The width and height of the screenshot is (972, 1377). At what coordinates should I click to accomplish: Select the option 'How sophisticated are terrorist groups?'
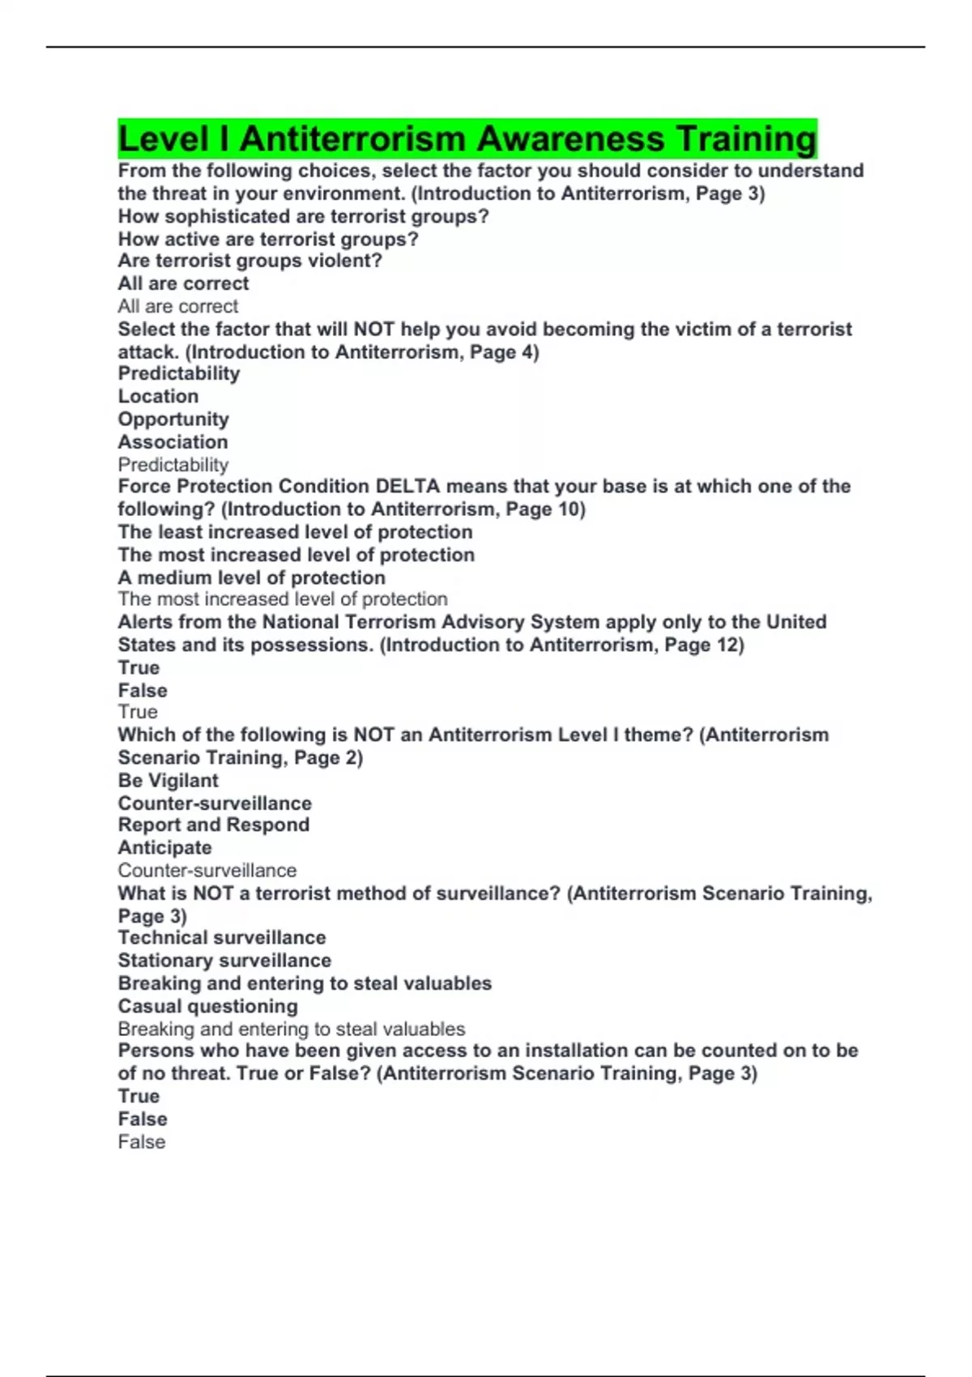click(303, 216)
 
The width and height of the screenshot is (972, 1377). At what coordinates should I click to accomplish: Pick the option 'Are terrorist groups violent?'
click(249, 261)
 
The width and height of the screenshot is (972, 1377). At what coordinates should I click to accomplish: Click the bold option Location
click(158, 396)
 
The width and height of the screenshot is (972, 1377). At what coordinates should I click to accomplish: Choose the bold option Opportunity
click(173, 419)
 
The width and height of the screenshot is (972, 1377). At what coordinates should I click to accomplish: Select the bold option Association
click(173, 441)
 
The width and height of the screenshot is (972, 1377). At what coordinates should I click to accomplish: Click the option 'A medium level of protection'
click(251, 578)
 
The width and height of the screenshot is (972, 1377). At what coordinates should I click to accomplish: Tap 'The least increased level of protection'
click(295, 532)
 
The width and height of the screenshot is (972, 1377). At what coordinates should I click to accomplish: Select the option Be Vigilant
click(168, 780)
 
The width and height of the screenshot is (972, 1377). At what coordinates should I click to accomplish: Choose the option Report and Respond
click(213, 825)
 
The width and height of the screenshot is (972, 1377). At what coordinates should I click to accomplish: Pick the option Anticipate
click(164, 847)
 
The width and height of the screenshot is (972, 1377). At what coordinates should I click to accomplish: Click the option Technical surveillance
click(221, 937)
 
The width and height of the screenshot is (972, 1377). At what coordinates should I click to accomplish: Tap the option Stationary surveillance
click(224, 960)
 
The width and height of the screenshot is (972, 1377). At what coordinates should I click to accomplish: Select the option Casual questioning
click(207, 1006)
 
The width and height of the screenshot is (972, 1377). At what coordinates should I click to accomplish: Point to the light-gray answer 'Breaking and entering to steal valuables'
click(291, 1029)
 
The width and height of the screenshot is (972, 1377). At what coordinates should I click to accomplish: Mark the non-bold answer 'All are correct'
click(177, 306)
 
